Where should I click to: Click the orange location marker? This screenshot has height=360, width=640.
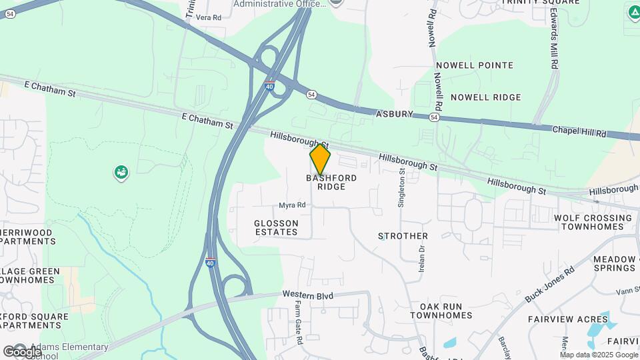(x=320, y=159)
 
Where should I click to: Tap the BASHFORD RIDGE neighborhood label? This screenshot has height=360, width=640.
(x=331, y=183)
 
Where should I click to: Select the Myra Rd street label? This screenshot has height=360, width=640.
(x=292, y=205)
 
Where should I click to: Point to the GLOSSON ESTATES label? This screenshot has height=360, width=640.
(x=276, y=227)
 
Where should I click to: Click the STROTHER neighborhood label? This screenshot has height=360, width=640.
(x=403, y=236)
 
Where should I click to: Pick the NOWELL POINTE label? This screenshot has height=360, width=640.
(x=474, y=65)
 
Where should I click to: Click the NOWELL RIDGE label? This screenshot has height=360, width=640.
(x=485, y=97)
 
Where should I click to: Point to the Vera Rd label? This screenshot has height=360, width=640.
(x=209, y=17)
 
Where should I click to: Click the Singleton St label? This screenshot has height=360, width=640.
(x=401, y=187)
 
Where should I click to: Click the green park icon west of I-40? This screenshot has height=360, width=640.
(x=121, y=173)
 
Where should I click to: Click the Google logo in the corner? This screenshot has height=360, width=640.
(x=22, y=351)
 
